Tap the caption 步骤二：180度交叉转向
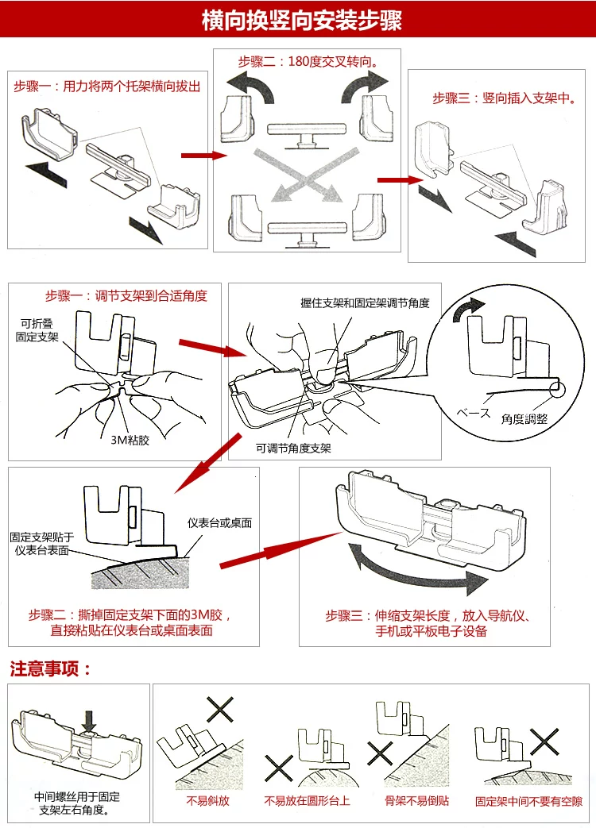[307, 61]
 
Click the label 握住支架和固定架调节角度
[365, 303]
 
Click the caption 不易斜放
[208, 801]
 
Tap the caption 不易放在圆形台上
[307, 801]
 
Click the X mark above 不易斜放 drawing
[220, 708]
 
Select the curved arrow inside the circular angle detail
[467, 310]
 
